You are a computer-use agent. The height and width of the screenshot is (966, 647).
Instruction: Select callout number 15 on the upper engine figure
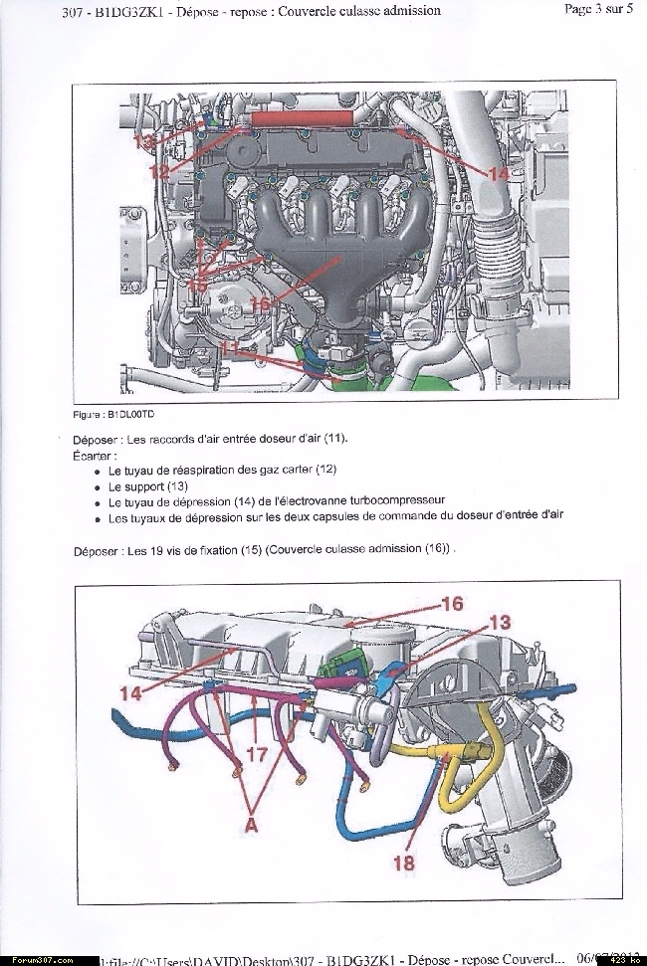point(198,285)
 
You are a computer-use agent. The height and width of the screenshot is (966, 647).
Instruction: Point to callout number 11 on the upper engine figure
point(232,349)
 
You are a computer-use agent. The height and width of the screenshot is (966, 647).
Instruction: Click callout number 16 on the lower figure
point(452,605)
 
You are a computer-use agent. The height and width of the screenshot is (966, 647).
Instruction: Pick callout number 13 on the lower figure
point(500,622)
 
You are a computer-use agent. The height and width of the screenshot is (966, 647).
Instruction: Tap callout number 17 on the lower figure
point(256,755)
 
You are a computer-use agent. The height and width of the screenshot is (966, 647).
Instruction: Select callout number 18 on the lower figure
point(403,863)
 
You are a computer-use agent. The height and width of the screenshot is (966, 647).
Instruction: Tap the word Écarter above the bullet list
point(93,454)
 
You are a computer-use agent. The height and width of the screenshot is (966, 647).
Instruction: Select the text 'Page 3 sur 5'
point(598,10)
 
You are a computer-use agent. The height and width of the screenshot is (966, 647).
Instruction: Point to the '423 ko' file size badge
point(623,959)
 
